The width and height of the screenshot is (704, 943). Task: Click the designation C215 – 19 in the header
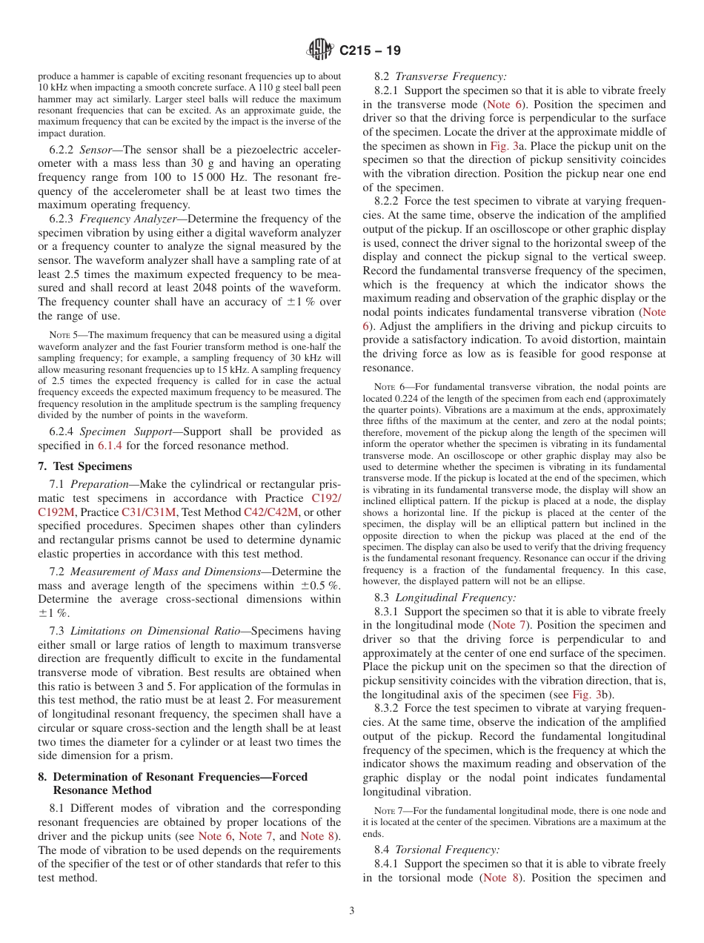370,50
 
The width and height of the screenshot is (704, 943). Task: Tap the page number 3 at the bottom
352,911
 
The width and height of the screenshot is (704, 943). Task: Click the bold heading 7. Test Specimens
84,466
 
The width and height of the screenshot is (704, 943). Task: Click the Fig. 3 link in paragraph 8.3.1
582,695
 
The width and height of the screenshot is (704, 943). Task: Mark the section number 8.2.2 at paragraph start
388,202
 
